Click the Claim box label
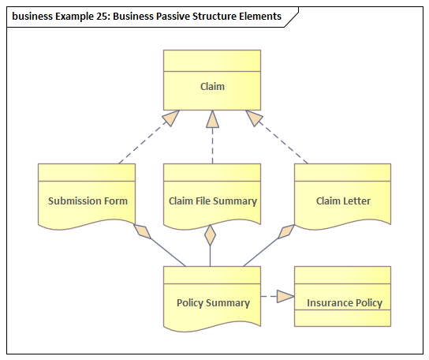[x=212, y=87]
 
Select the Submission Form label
[x=88, y=201]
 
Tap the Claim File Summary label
[x=213, y=201]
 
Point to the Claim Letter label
[x=343, y=201]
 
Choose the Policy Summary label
[x=213, y=303]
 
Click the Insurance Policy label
[x=345, y=303]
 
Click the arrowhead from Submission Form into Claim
[x=172, y=118]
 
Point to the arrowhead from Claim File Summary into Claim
[x=213, y=119]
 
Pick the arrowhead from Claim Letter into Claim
[x=253, y=118]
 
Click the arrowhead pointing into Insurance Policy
[x=285, y=296]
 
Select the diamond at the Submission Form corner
[x=142, y=231]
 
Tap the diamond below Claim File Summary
[x=210, y=235]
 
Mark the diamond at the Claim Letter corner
[x=286, y=232]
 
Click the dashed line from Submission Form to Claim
[x=145, y=142]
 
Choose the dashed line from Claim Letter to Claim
[x=282, y=142]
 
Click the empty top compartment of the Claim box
[x=212, y=61]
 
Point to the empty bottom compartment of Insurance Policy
[x=342, y=318]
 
